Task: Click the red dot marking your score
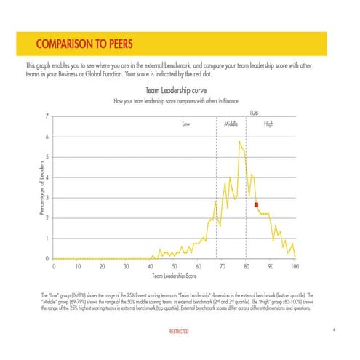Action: [257, 205]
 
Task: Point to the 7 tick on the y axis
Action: [47, 116]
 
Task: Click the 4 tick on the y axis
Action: [47, 177]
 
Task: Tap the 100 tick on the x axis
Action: [295, 267]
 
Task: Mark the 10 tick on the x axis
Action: [77, 267]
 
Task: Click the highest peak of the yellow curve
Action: [239, 142]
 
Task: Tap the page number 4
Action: [332, 330]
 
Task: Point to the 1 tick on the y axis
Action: [47, 239]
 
